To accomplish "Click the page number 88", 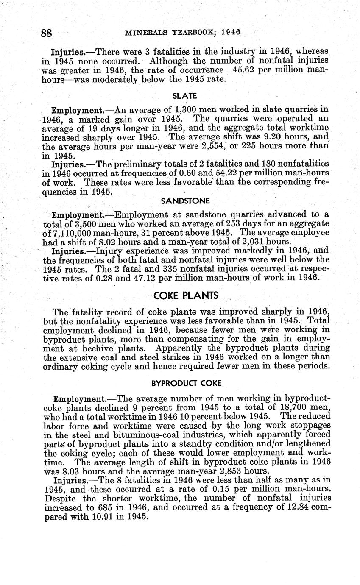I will (x=46, y=33).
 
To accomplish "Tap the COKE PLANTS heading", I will (x=186, y=295).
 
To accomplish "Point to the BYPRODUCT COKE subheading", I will (x=186, y=383).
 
